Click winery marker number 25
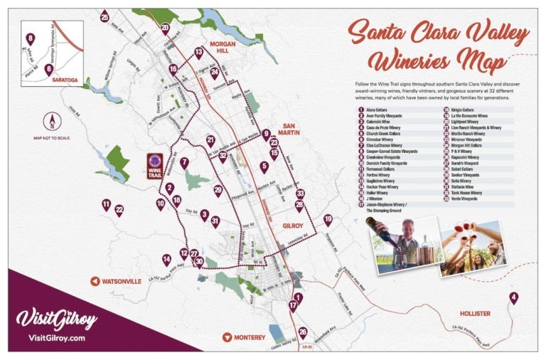pyautogui.click(x=105, y=16)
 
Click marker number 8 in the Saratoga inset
pyautogui.click(x=30, y=38)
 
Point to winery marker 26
pyautogui.click(x=303, y=332)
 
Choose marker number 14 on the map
pyautogui.click(x=166, y=260)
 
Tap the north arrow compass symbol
pyautogui.click(x=49, y=120)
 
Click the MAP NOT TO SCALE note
pyautogui.click(x=49, y=137)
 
